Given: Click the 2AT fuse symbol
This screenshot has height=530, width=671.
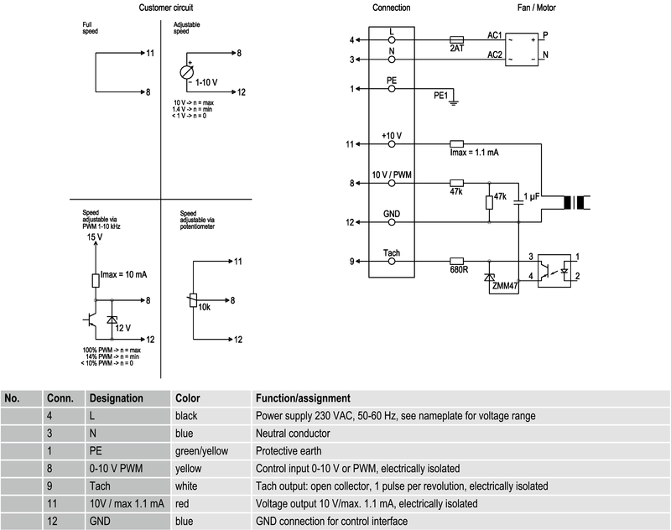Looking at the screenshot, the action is point(456,39).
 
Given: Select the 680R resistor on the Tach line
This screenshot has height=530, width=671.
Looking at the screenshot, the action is point(456,261).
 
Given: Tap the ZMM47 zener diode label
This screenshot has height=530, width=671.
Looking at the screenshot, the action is point(505,286).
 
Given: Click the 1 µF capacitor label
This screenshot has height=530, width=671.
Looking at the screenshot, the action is point(532,196).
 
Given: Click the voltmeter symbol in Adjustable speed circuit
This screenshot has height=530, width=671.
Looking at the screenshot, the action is point(187,72).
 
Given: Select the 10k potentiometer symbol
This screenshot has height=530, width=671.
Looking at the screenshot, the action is point(193,300).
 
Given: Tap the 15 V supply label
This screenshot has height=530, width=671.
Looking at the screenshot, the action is point(95,236).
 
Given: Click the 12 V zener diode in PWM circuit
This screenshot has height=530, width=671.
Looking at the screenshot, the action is point(112,320).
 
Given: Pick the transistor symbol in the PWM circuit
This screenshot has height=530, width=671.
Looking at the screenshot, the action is point(91,320).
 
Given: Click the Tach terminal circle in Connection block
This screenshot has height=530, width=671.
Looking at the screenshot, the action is point(392,261).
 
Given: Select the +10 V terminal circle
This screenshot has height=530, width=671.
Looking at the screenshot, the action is point(392,144).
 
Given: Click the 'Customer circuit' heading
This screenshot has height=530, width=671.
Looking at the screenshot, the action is point(166,8).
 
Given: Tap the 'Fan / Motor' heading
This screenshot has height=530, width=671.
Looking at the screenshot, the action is point(537,8).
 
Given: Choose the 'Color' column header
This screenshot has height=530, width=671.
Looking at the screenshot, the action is point(187,398).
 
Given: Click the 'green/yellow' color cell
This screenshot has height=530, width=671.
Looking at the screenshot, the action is point(201,451).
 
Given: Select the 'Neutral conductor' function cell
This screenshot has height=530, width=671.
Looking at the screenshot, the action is point(293,434).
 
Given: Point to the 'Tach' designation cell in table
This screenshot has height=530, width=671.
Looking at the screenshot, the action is point(100,486).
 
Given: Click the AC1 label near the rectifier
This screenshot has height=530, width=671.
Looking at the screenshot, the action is point(495,35).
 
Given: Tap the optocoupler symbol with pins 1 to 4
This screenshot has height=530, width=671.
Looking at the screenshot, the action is point(554,270).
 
